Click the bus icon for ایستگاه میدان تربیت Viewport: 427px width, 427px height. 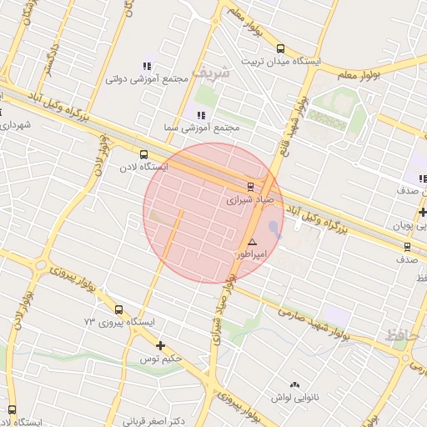tap(280, 48)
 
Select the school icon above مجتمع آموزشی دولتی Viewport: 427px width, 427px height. tap(148, 66)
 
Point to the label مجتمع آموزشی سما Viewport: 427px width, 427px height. tap(203, 128)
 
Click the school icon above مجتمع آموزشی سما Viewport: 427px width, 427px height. tap(200, 114)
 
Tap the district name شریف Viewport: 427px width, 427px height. tap(210, 73)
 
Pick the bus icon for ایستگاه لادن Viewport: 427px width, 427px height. tap(144, 154)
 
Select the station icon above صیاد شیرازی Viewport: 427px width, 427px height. tap(250, 186)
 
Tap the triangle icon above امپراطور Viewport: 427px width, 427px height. tap(253, 241)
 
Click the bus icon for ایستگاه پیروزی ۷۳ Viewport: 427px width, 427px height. tap(118, 309)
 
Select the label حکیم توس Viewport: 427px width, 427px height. tap(160, 358)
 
